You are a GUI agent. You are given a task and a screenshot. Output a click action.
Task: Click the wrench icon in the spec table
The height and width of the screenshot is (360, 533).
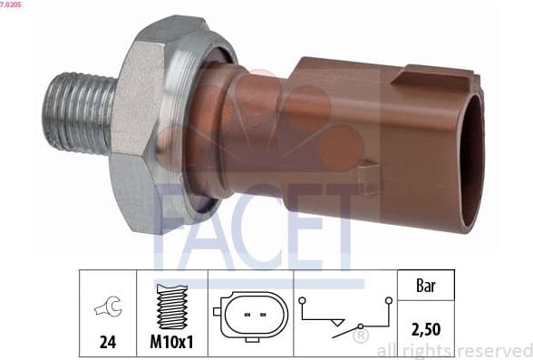click(x=106, y=309)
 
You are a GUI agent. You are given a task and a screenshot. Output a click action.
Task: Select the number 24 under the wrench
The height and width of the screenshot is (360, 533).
click(x=107, y=344)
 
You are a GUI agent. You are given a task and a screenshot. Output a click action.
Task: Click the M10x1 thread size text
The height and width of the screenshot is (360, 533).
click(x=171, y=344)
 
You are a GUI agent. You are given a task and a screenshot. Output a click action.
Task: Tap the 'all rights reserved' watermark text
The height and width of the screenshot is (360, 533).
click(x=452, y=350)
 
